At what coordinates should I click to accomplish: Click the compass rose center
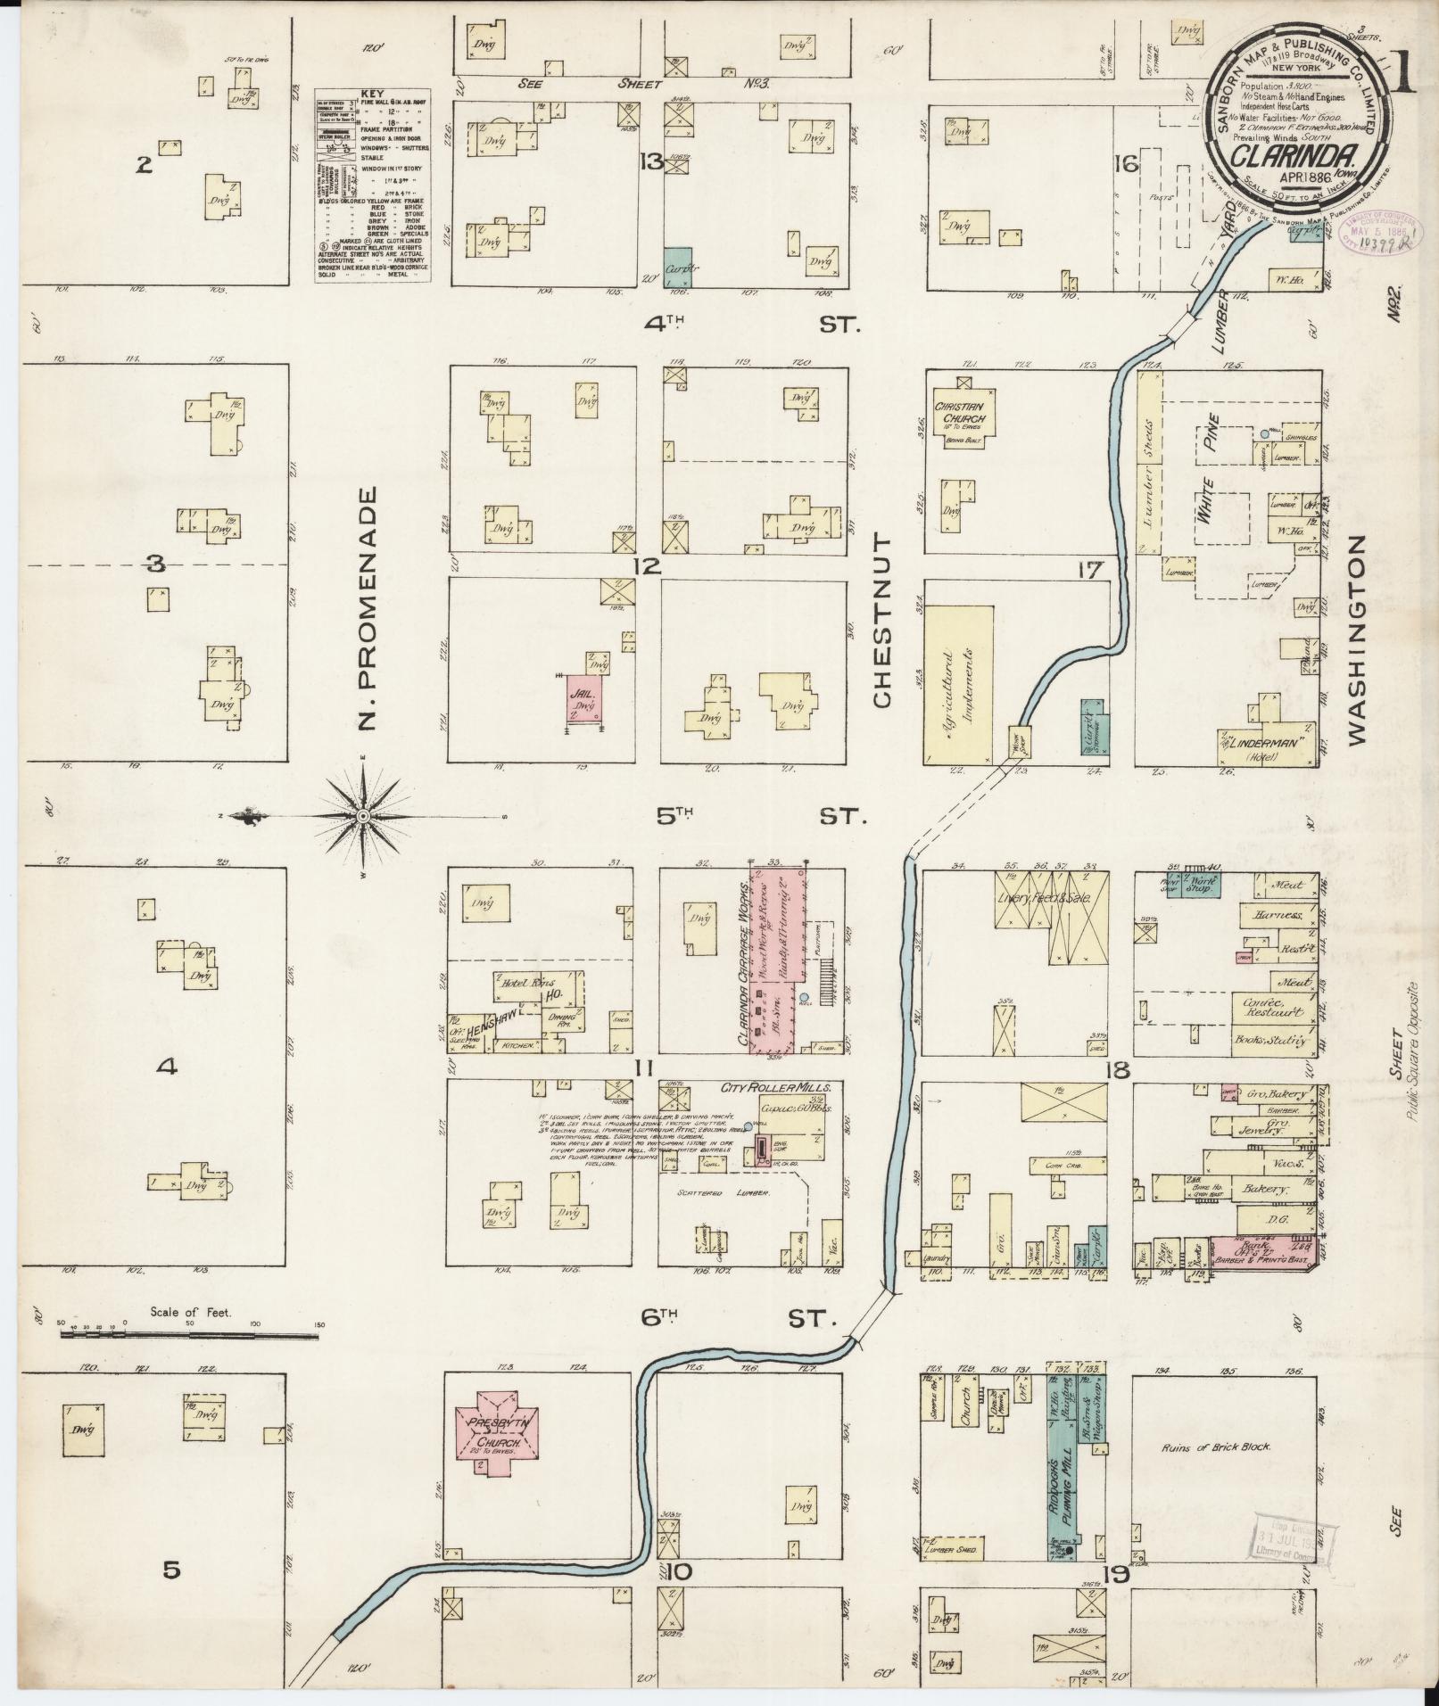(x=364, y=816)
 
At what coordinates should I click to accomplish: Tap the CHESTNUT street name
(x=883, y=621)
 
